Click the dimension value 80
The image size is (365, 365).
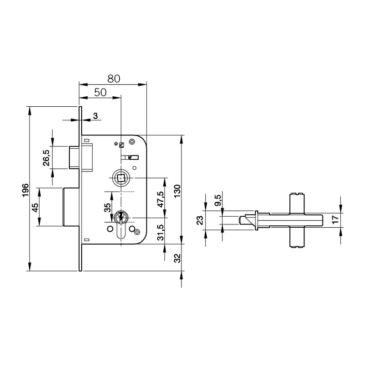(114, 78)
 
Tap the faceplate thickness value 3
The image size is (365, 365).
(95, 116)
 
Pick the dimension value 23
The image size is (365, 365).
(199, 221)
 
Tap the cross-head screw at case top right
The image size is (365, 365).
(132, 142)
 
